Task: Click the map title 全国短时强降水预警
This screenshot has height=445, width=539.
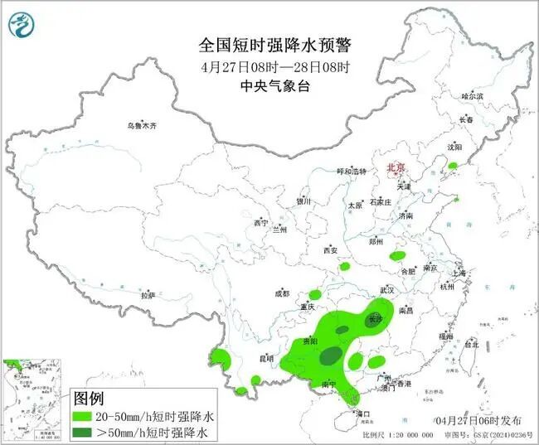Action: point(269,43)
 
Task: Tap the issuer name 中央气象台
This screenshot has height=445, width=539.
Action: point(269,85)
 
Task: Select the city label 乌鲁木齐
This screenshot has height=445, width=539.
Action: point(141,125)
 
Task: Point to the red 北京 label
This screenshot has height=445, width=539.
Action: point(396,167)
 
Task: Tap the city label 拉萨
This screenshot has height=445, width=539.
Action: point(148,295)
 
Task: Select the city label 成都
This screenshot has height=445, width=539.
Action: point(282,293)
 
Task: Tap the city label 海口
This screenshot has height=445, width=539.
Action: point(362,412)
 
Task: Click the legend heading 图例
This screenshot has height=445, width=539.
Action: point(93,398)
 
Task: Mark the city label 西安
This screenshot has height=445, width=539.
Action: point(332,249)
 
